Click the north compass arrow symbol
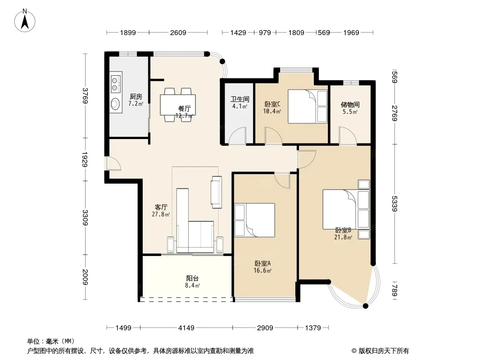point(25,21)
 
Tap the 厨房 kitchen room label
point(136,97)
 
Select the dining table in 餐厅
point(177,105)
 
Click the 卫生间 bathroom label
point(240,99)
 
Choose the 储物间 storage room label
point(350,104)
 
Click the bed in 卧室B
point(346,210)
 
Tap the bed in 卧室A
point(254,220)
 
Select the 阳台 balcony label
point(193,279)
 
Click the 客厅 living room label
point(161,207)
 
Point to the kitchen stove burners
point(116,84)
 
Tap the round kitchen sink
point(116,103)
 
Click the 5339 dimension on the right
point(394,204)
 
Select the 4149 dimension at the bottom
point(186,328)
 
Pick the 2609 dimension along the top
point(178,32)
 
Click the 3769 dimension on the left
point(85,96)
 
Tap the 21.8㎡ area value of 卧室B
point(343,237)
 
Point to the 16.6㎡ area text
point(263,270)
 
